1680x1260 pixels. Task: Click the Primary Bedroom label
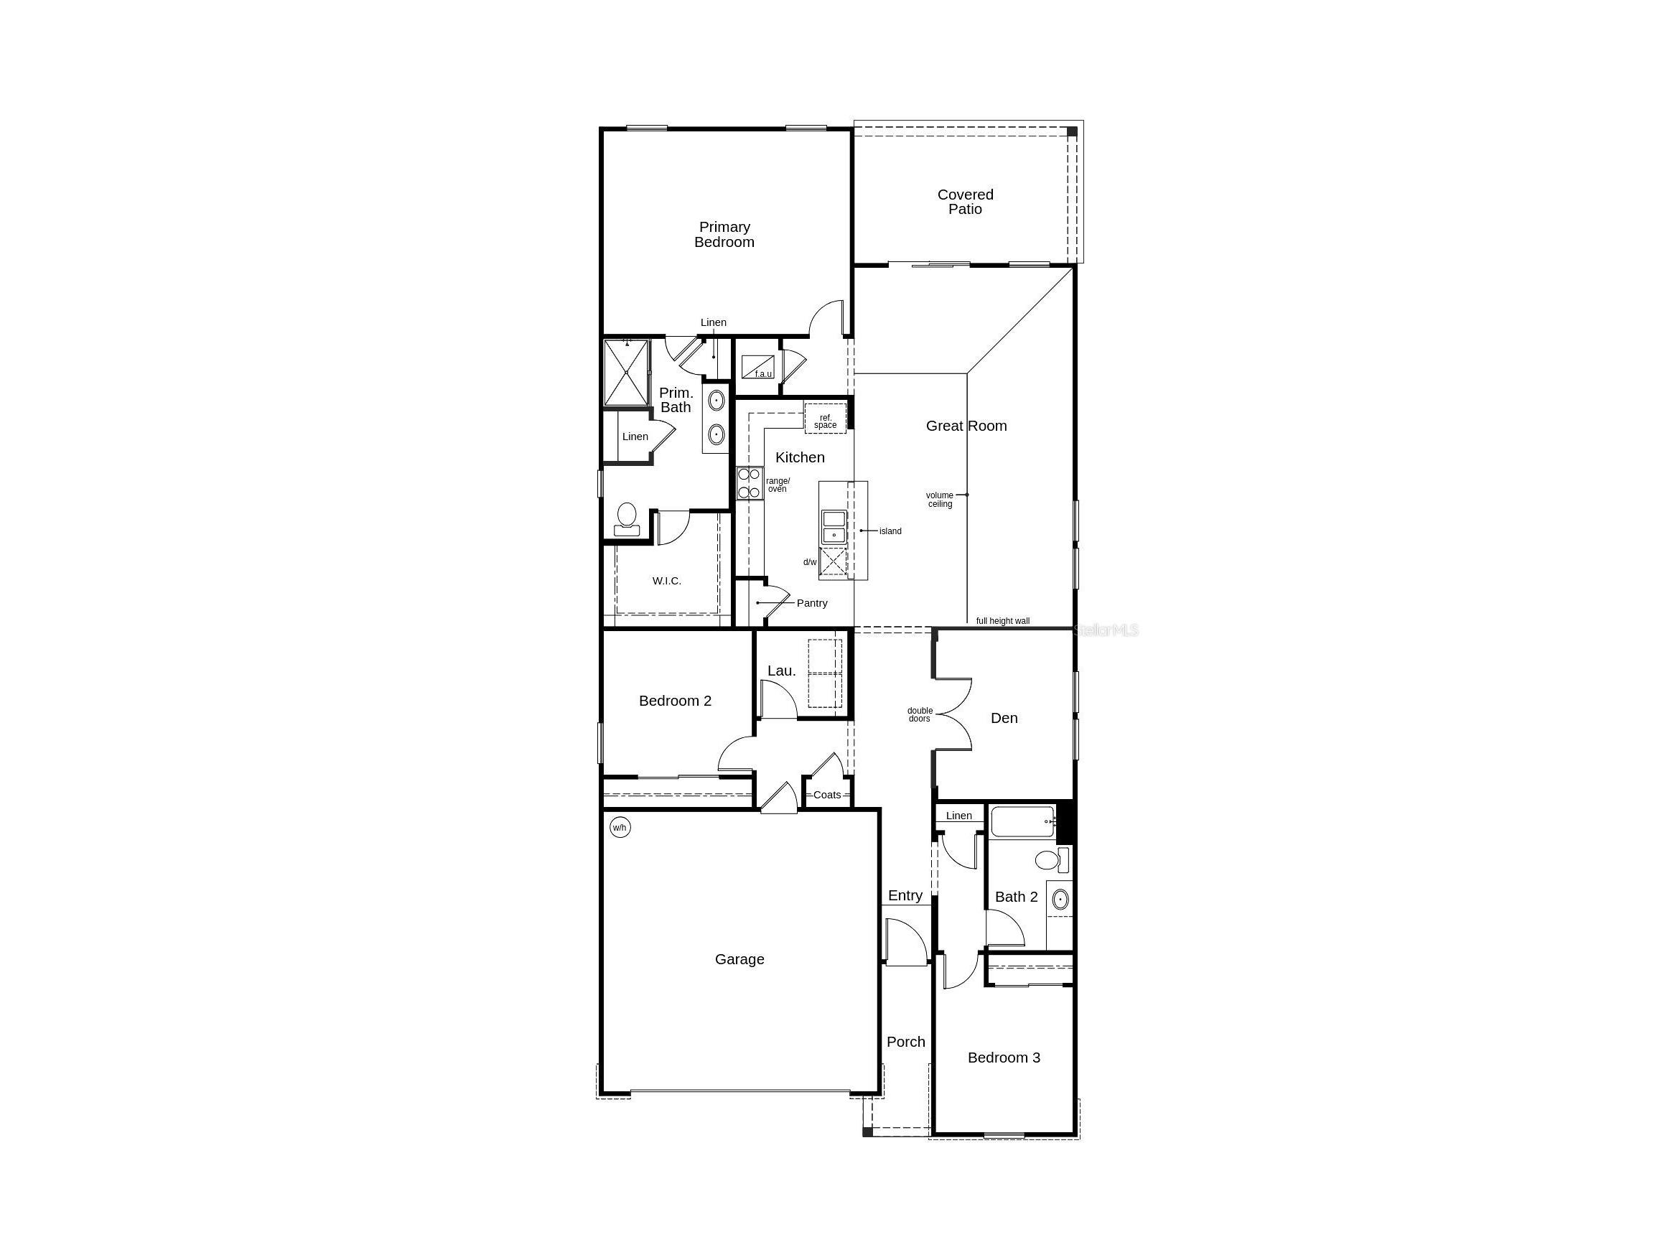click(724, 235)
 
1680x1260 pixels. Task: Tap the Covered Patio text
click(964, 202)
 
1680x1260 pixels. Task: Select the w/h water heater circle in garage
click(620, 827)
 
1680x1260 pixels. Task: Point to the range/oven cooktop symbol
click(749, 483)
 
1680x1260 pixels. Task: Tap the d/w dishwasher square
click(833, 563)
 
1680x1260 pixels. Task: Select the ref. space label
click(826, 421)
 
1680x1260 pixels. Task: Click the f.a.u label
click(762, 373)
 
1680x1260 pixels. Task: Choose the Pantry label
click(812, 603)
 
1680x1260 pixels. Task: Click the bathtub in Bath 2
click(1022, 822)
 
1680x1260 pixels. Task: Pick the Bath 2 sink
click(1060, 900)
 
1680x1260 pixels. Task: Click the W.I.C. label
click(666, 581)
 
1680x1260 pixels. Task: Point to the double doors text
click(920, 714)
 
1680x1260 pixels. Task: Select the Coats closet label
click(827, 795)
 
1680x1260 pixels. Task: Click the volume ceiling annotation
click(940, 500)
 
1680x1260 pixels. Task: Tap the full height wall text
click(1002, 621)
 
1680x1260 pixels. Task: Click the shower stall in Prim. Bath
click(627, 373)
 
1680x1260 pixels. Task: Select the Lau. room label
click(782, 671)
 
